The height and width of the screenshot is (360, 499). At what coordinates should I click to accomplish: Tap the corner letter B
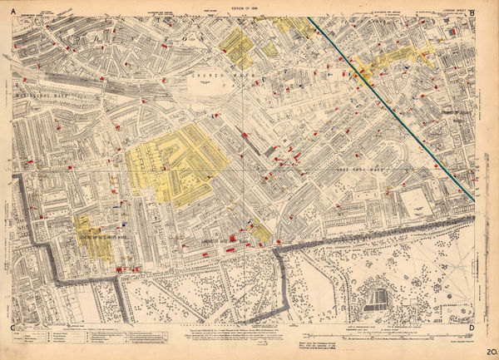(472, 12)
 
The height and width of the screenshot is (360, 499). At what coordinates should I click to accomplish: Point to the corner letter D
(472, 329)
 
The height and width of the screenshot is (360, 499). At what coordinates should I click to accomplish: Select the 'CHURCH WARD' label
(215, 76)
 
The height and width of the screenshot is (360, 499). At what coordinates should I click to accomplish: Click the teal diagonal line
(391, 107)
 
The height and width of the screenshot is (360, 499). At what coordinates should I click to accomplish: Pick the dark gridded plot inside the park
(379, 298)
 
